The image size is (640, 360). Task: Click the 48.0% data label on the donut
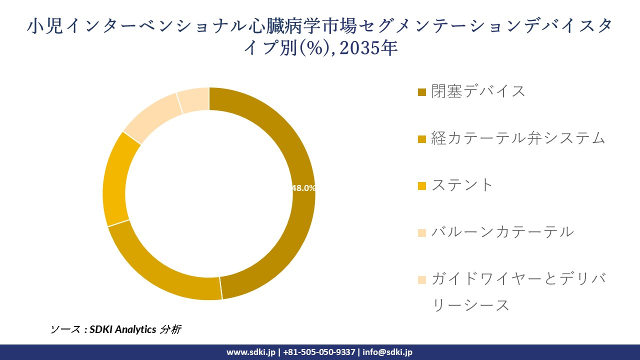[303, 188]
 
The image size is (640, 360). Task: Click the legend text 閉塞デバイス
[478, 91]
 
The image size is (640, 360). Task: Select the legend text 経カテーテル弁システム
[518, 138]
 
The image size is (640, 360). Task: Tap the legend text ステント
[462, 185]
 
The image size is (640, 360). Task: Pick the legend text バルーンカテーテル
[502, 232]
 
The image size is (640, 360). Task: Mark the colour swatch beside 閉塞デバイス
[422, 92]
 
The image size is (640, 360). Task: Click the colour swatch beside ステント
[422, 186]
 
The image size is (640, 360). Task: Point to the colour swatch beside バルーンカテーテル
[422, 233]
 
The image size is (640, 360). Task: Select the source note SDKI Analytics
[122, 329]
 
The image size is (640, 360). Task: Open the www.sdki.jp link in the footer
[250, 352]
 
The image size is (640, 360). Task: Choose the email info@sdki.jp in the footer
[387, 352]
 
